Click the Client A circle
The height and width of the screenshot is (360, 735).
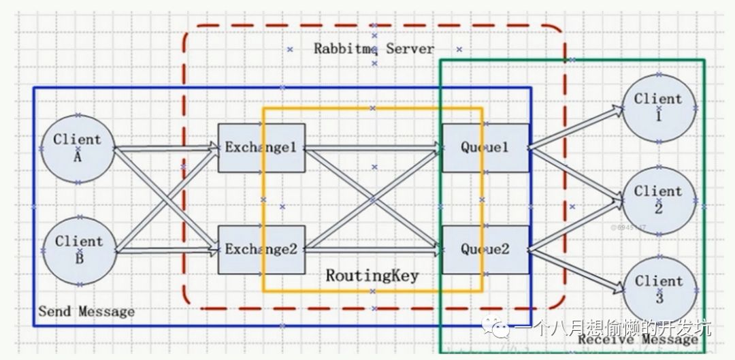click(77, 148)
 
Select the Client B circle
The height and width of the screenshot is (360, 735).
click(79, 250)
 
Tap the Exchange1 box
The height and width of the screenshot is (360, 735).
click(261, 148)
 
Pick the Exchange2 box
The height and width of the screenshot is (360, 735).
click(261, 249)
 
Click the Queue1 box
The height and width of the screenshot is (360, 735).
click(485, 148)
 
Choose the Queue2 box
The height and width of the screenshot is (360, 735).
click(485, 249)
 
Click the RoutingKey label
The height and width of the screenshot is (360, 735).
click(372, 276)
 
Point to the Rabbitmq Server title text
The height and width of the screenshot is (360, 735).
click(374, 49)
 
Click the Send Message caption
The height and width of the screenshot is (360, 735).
click(86, 312)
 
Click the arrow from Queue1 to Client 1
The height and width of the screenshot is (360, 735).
click(576, 127)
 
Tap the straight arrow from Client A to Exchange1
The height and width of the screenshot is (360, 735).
click(167, 147)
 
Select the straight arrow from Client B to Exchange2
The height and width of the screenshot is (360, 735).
click(167, 250)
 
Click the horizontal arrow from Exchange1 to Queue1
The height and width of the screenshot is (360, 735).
click(372, 147)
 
